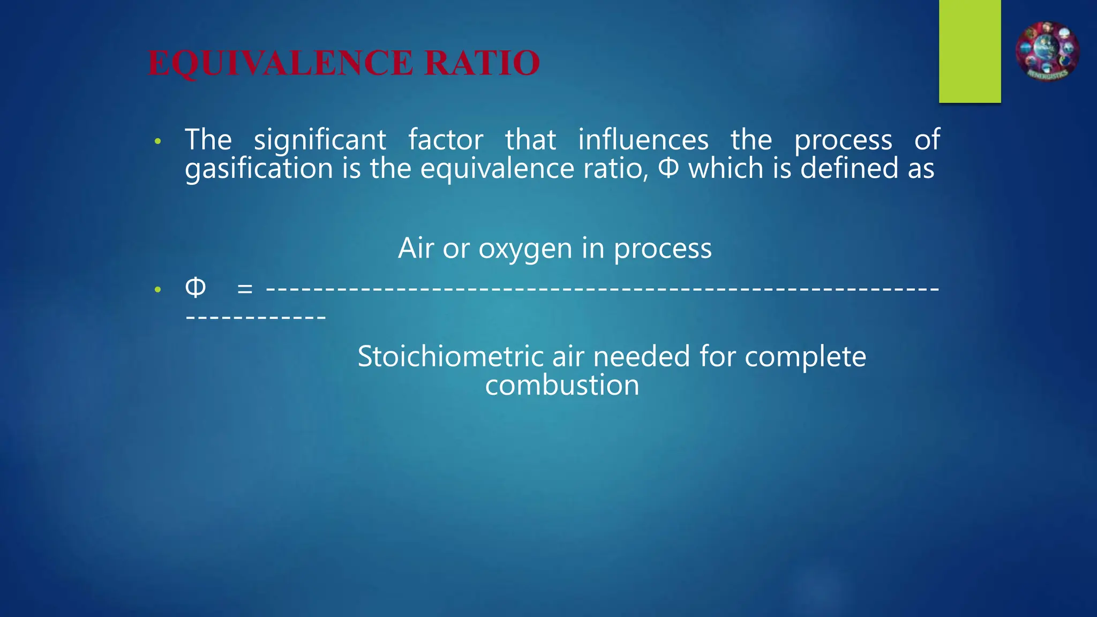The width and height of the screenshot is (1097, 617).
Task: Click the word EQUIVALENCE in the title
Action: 280,63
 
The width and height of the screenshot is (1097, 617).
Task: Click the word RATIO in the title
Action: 482,63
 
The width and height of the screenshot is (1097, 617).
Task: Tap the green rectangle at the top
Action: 970,51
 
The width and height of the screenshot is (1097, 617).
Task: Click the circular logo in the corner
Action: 1047,51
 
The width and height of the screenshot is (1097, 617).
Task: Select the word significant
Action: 320,140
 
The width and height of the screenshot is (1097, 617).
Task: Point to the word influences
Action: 643,140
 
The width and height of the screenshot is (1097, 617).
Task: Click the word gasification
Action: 259,169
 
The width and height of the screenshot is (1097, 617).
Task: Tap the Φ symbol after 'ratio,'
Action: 668,168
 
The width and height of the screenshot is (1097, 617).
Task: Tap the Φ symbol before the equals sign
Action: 195,288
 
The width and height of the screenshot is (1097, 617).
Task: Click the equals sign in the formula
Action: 245,289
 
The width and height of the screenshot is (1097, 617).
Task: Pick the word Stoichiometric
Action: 450,357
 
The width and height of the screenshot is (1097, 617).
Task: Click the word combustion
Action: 562,385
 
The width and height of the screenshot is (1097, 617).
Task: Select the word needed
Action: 641,357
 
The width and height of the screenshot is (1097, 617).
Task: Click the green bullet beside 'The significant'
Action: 157,142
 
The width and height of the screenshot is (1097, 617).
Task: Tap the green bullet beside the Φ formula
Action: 157,290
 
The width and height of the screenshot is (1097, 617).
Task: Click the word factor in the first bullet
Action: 446,140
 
